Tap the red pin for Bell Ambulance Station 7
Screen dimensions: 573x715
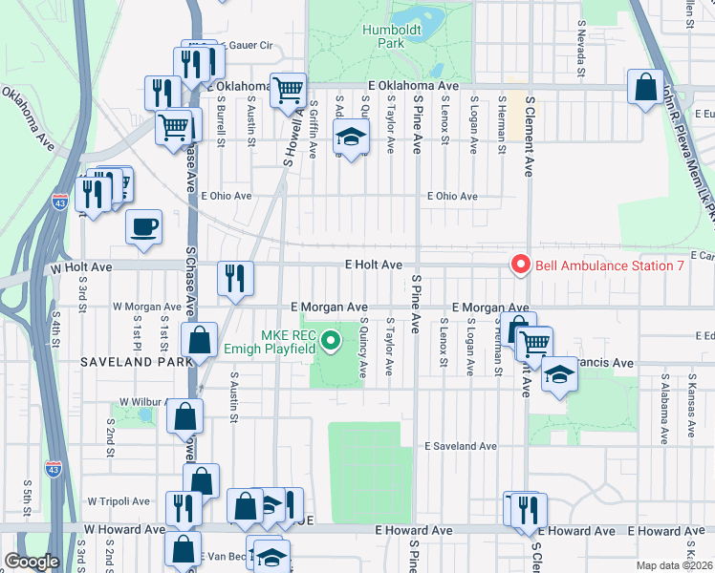(521, 265)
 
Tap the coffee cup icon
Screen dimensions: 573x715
(143, 227)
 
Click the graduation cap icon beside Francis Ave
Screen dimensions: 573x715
(559, 376)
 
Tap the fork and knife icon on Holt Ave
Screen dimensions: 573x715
(235, 279)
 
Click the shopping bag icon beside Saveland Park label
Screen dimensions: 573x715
(199, 340)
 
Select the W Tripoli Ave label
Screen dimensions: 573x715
(119, 500)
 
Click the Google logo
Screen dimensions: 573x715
(32, 562)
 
